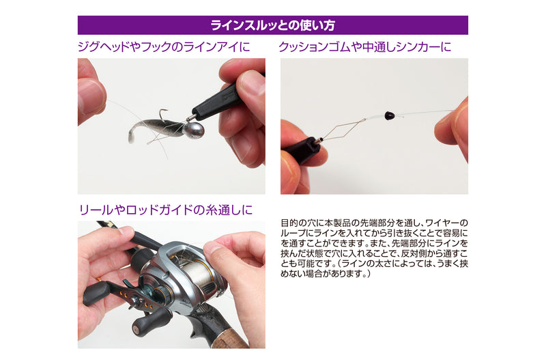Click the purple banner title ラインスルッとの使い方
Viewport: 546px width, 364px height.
pyautogui.click(x=272, y=25)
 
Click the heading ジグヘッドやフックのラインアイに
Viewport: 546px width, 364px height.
pyautogui.click(x=164, y=46)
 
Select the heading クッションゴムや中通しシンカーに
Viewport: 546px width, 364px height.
pyautogui.click(x=365, y=46)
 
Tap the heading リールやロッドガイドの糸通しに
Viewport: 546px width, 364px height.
pyautogui.click(x=166, y=210)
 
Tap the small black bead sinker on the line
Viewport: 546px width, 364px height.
pyautogui.click(x=388, y=115)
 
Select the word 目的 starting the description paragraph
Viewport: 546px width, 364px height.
pyautogui.click(x=289, y=223)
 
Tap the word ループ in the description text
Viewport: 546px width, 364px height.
pyautogui.click(x=293, y=233)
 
